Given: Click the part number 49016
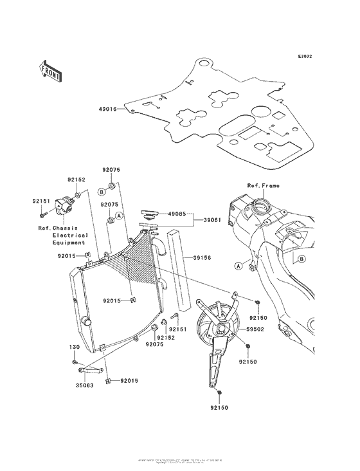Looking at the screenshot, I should pos(107,109).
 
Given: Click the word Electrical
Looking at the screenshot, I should pos(70,235).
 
